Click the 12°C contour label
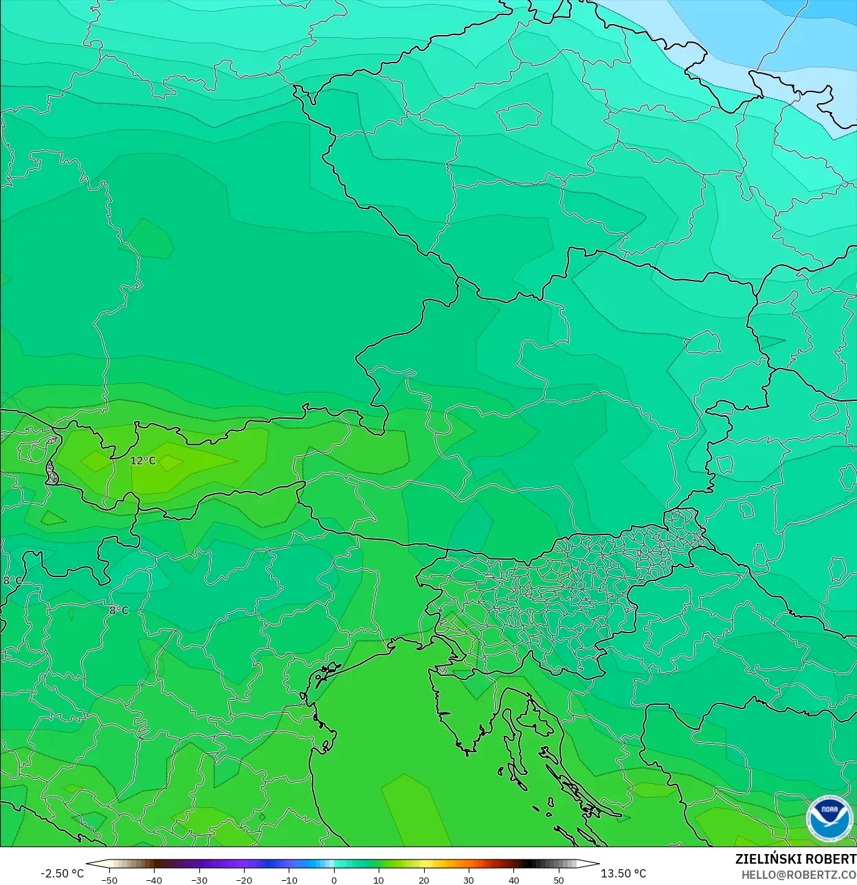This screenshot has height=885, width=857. point(143,461)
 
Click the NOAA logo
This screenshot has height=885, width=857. point(830,818)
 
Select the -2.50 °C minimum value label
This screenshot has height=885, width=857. point(62,873)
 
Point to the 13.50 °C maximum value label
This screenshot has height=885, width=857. point(623,873)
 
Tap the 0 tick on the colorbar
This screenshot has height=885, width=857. point(334,879)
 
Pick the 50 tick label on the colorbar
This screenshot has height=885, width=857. point(559,879)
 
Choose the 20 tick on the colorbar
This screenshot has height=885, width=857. point(424,879)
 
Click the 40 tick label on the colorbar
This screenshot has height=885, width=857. point(514,879)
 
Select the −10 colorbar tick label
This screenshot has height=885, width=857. point(289,879)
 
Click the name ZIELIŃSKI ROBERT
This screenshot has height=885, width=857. point(795,859)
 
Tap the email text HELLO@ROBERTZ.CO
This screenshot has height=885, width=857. point(799,875)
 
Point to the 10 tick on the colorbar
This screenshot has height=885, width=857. point(379,879)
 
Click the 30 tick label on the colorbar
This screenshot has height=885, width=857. point(469,879)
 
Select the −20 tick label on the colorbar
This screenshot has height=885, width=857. point(243,879)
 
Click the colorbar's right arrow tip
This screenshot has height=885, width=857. point(598,864)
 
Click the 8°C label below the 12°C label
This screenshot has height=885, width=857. point(119,610)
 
